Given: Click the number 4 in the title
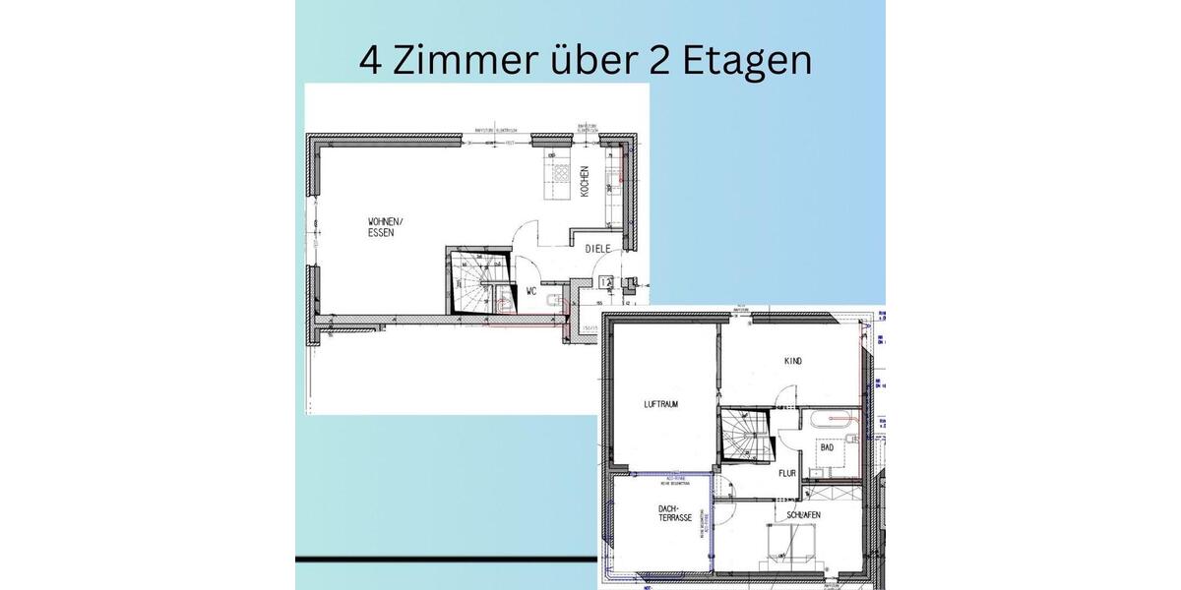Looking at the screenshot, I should [370, 60].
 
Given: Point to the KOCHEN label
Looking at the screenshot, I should [585, 181].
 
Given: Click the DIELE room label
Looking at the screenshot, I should [599, 249].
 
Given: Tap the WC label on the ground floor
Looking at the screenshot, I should [530, 291].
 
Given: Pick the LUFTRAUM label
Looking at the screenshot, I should [661, 404].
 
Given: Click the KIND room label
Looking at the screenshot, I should [793, 361].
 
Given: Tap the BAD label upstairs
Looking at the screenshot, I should [827, 447].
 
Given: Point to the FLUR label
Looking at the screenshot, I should [787, 473].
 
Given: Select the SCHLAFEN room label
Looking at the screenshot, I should [803, 515].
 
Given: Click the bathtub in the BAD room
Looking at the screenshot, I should [834, 420].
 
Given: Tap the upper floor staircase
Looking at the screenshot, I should [743, 435].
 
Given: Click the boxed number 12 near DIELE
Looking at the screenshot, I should [606, 282].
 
